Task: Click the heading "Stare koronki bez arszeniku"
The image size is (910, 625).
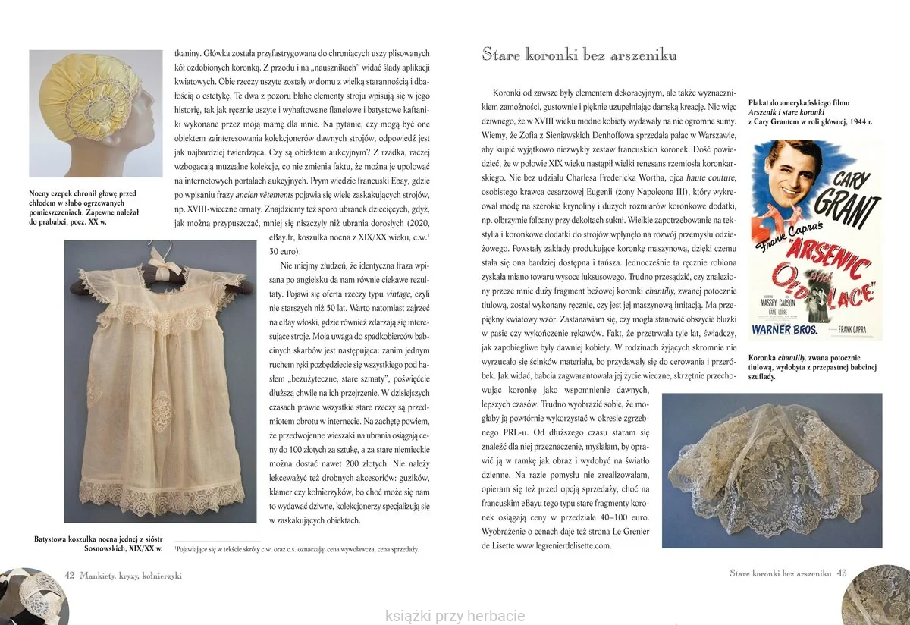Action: click(x=579, y=55)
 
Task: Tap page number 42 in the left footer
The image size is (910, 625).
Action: click(x=69, y=575)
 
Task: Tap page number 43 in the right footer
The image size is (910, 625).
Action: click(x=842, y=573)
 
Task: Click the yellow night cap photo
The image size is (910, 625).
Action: click(x=96, y=113)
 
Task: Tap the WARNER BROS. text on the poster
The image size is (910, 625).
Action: click(x=785, y=330)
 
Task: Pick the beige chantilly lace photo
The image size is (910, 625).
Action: click(x=772, y=470)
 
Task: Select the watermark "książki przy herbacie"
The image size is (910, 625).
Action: click(x=455, y=616)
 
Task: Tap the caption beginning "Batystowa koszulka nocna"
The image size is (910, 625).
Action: click(x=99, y=544)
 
